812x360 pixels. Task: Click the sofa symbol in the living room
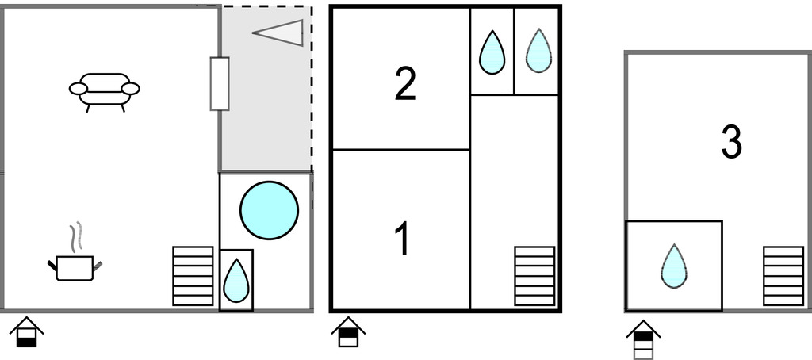point(104,91)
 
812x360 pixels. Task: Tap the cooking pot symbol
point(75,267)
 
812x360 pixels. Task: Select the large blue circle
point(269,210)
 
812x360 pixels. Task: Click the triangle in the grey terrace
point(282,33)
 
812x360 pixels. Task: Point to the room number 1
point(403,239)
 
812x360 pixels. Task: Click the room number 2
point(405,85)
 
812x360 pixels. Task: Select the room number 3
point(731,143)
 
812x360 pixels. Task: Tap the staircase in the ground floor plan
point(193,276)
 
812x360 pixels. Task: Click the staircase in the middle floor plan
point(534,276)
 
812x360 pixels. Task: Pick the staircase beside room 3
point(783,276)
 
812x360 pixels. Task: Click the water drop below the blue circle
point(236,281)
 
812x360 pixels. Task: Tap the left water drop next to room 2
point(492,52)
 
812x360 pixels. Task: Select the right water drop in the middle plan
point(538,51)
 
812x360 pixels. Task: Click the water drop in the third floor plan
point(674,266)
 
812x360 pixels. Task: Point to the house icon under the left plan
point(26,332)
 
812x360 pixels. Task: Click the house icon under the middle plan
point(348,332)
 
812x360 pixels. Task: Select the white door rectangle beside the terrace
point(220,83)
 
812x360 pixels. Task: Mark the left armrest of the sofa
point(77,89)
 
